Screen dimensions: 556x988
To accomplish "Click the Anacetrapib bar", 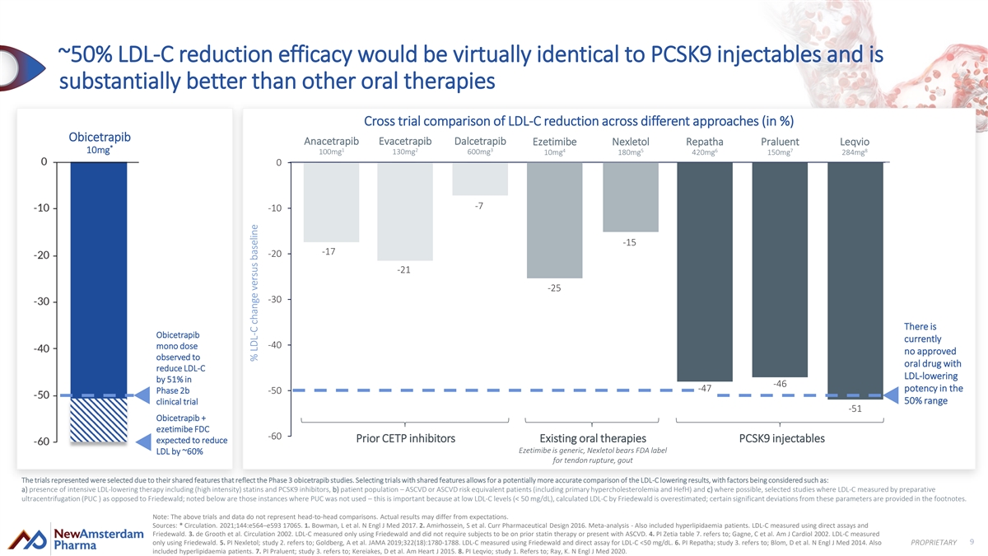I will (x=331, y=203).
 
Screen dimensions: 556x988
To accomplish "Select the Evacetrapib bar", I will (x=405, y=212).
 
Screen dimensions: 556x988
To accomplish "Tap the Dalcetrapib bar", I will (x=480, y=180).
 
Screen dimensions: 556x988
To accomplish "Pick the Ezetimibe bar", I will (x=554, y=221).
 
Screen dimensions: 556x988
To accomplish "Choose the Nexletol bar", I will (x=630, y=198).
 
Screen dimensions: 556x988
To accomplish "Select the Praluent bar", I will (x=779, y=269).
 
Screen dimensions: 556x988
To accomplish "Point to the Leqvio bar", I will (x=855, y=281).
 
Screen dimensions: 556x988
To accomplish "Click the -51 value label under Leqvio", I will (x=855, y=409).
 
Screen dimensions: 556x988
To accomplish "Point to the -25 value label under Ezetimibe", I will (x=554, y=288).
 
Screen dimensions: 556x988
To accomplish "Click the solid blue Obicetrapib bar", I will (x=98, y=280).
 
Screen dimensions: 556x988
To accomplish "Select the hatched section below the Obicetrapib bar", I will (x=98, y=422).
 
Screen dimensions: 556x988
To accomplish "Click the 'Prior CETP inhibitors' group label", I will (x=405, y=438).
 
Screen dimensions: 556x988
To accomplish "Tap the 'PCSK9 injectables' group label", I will (x=782, y=438).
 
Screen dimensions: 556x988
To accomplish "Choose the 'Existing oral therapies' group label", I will (x=592, y=438).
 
